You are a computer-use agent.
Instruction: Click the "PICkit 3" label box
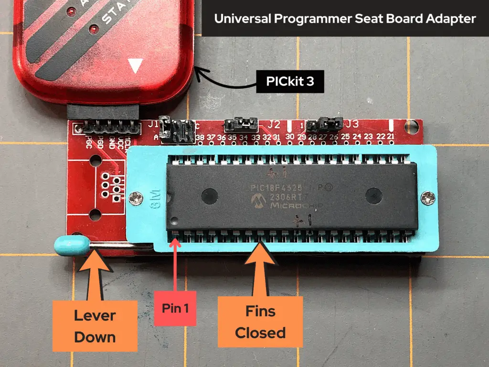click(x=290, y=82)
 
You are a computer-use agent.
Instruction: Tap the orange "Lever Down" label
click(x=95, y=326)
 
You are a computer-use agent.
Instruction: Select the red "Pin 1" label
click(x=175, y=308)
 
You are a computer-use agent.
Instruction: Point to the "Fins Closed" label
click(x=260, y=322)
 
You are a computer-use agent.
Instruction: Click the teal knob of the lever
click(x=65, y=244)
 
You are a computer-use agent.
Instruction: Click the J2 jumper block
click(x=241, y=125)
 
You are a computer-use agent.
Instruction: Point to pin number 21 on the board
click(x=391, y=137)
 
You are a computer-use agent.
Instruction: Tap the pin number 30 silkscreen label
click(x=290, y=138)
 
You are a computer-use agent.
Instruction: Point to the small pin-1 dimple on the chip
click(x=175, y=221)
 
